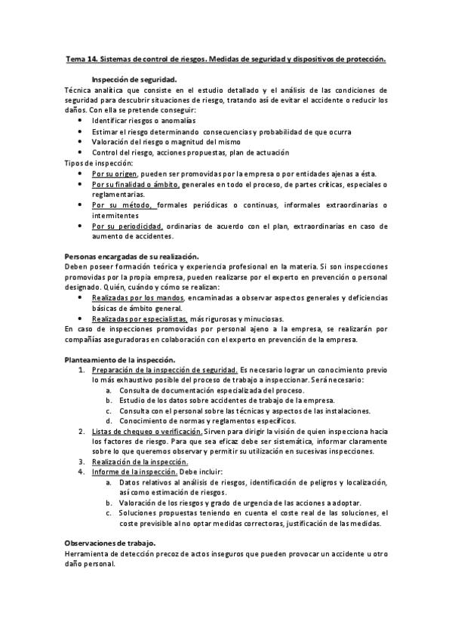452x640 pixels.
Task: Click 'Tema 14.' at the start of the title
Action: coord(82,58)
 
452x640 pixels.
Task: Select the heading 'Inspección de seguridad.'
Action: coord(134,79)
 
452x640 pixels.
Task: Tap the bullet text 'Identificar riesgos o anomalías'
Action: coord(142,121)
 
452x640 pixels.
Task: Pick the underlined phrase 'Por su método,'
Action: coord(124,205)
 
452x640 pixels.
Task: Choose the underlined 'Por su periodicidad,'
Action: coord(128,226)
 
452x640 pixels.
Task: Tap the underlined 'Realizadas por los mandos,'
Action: coord(137,298)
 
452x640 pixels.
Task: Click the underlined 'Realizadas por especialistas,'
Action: coord(140,318)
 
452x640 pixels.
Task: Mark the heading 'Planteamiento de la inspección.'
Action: coord(120,360)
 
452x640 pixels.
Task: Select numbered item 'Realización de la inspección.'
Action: coord(140,462)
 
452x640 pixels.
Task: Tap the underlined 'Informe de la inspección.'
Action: coord(134,472)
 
